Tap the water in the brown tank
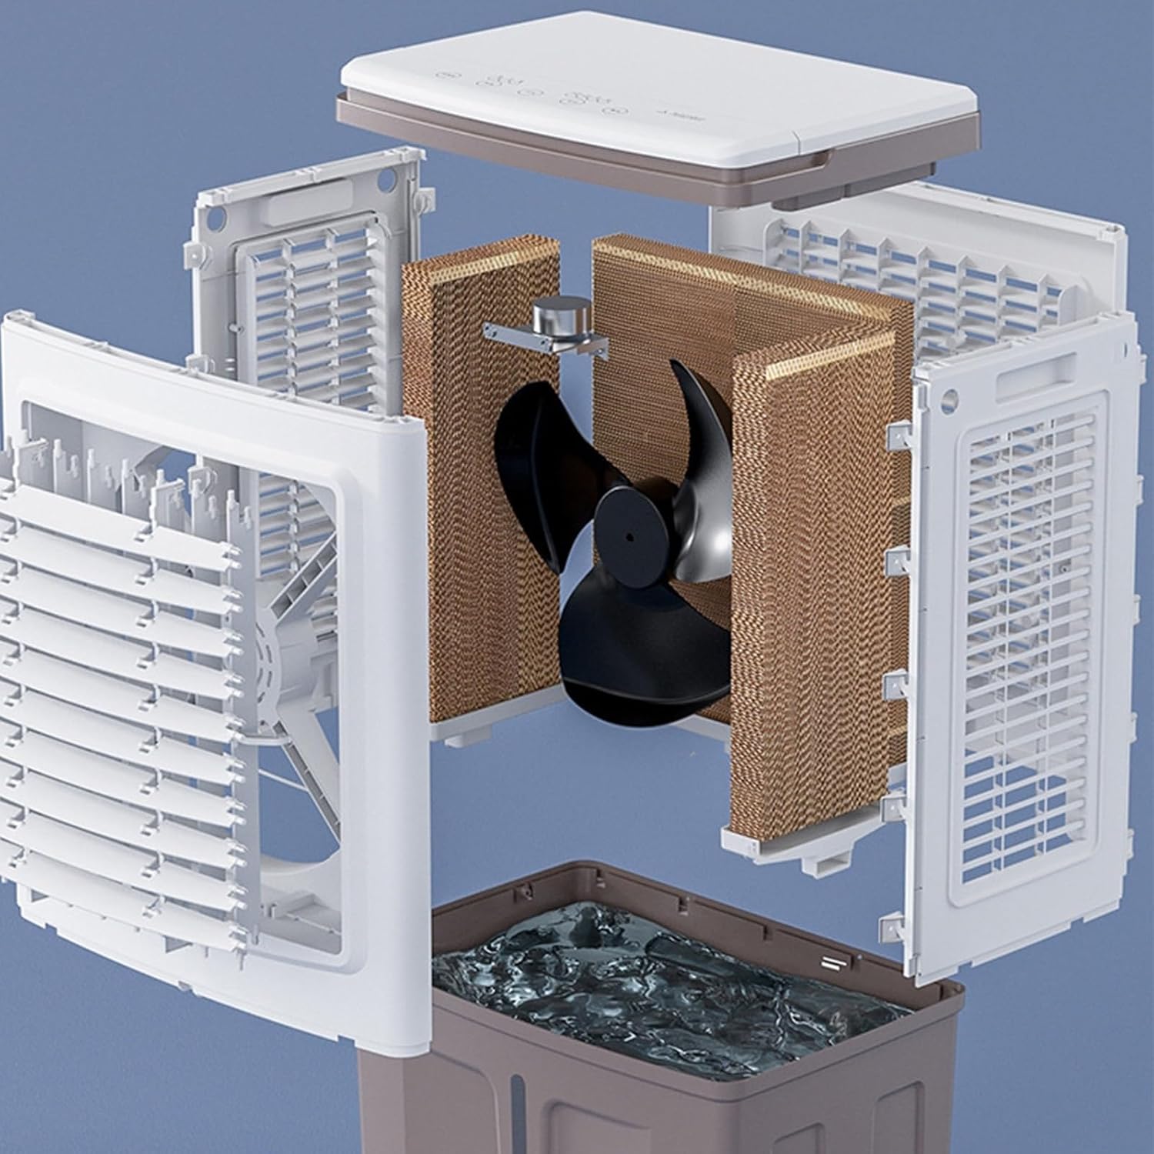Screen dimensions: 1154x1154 (x=654, y=985)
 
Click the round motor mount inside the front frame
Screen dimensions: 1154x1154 (x=269, y=654)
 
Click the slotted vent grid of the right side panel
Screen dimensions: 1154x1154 (x=1031, y=615)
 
